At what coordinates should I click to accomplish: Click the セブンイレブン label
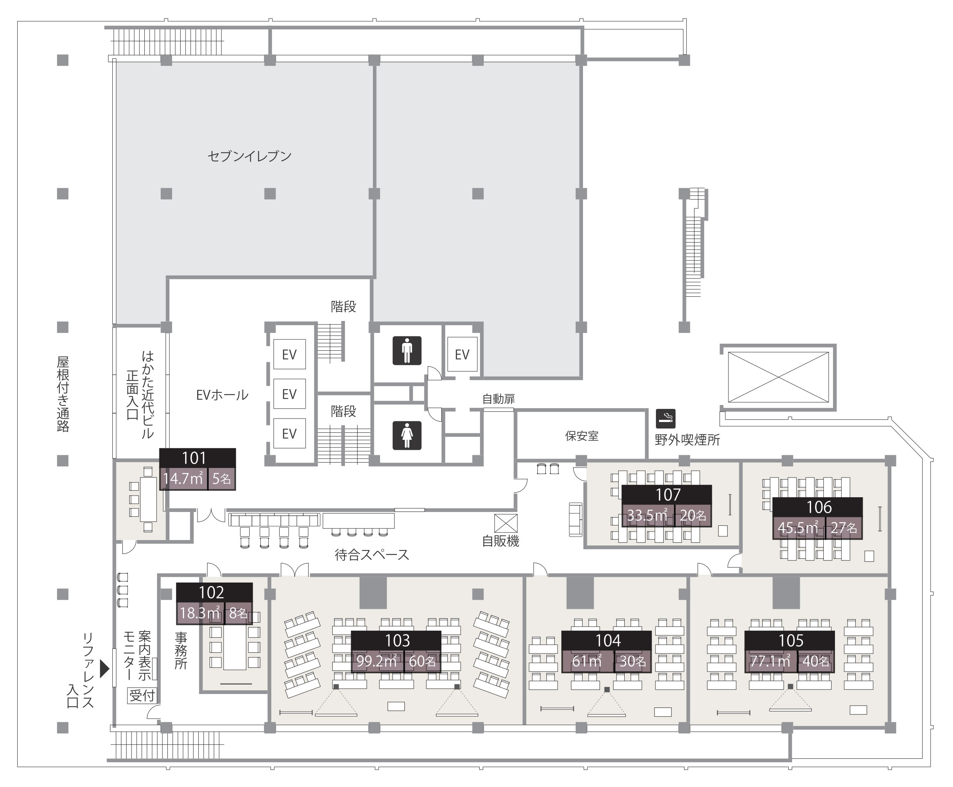249,156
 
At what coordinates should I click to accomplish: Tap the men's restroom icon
407,350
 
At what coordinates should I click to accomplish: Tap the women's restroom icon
407,436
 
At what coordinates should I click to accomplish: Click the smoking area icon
666,419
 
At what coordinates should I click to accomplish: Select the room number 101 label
194,458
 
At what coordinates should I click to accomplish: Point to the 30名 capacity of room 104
633,661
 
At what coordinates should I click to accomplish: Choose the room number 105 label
791,640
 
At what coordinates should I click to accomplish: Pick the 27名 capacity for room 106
844,528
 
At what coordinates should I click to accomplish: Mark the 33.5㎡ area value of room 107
647,515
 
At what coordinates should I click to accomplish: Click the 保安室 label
582,436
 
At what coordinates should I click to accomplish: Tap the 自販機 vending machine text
500,541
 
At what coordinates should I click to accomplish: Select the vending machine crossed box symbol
506,523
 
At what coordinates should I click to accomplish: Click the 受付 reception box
142,696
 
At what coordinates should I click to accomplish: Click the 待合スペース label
372,555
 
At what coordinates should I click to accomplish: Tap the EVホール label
222,395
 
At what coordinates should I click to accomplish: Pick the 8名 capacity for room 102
238,613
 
